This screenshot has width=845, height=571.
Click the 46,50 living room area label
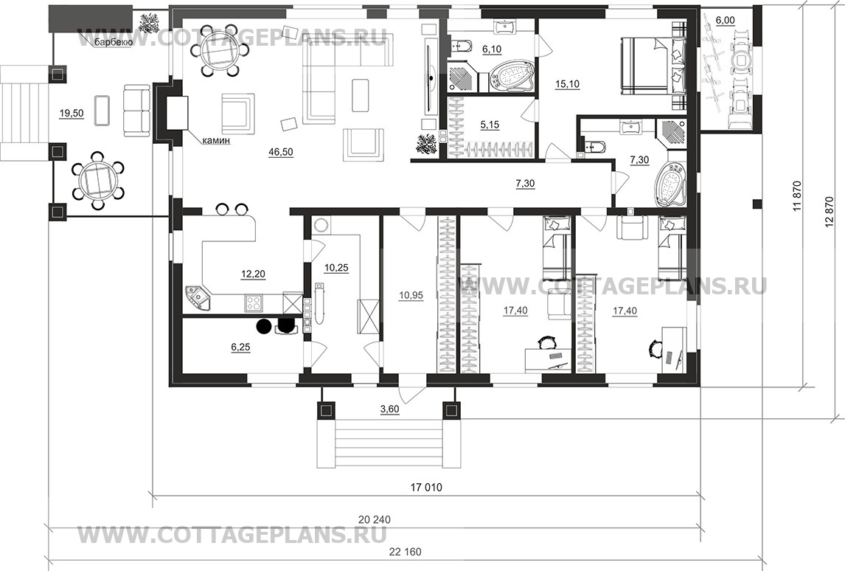click(x=280, y=152)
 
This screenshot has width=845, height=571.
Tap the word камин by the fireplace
click(x=216, y=141)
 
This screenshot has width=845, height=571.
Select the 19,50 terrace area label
click(x=72, y=113)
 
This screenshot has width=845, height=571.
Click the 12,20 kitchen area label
click(x=253, y=274)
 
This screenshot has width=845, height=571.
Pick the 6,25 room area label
click(x=240, y=347)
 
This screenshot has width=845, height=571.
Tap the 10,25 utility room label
click(x=337, y=268)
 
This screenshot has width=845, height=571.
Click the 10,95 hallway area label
click(x=411, y=295)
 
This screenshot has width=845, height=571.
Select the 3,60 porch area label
click(x=389, y=409)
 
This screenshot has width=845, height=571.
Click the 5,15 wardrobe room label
click(x=490, y=125)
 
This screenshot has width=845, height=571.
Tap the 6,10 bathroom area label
click(x=492, y=49)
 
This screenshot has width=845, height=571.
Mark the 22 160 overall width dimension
click(x=405, y=552)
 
